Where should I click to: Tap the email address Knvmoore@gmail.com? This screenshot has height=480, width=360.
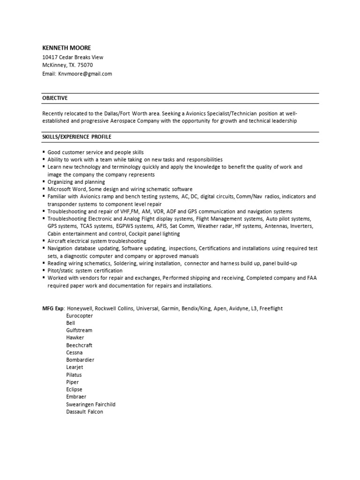[x=85, y=74]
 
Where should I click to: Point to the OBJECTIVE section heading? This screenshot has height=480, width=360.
[x=55, y=98]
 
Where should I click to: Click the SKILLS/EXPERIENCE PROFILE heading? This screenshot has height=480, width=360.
[x=77, y=137]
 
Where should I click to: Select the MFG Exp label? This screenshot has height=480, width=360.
[x=52, y=308]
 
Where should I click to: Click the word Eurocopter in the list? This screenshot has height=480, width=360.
[x=80, y=316]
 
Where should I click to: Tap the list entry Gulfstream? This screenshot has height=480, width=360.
[x=79, y=330]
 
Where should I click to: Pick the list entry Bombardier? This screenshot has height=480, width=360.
[x=80, y=360]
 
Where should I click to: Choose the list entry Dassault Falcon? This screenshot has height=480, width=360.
[x=84, y=412]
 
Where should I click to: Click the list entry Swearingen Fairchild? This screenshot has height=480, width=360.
[x=90, y=404]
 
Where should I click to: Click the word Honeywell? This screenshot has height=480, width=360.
[x=80, y=308]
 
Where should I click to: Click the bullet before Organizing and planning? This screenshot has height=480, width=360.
[x=44, y=182]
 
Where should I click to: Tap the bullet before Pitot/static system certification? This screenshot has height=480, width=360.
[x=44, y=270]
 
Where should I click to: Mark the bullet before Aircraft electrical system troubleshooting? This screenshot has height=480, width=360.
[x=44, y=241]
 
